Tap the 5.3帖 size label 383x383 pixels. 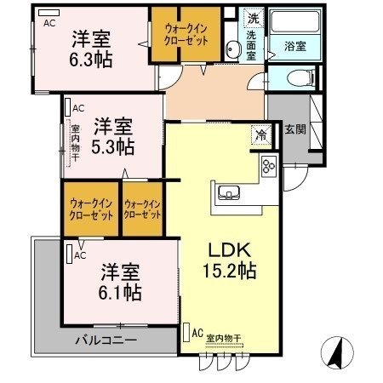113,146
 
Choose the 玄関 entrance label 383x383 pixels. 296,129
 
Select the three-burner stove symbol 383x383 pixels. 270,165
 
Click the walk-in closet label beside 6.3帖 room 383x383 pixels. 186,34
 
